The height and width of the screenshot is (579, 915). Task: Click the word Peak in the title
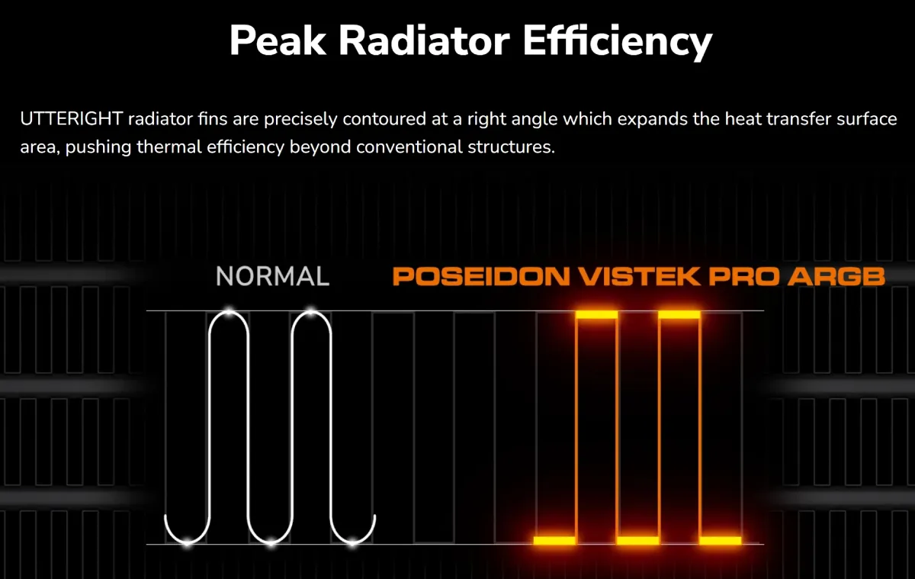click(278, 40)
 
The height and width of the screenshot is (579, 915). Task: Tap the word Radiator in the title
click(425, 40)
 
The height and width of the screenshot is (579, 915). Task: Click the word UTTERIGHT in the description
click(72, 119)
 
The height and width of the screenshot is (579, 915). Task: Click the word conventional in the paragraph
click(409, 146)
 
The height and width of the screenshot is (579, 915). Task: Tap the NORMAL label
click(272, 276)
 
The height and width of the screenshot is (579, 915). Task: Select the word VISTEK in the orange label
click(639, 276)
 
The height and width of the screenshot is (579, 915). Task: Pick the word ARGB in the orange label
click(836, 276)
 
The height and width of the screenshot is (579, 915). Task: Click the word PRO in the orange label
click(743, 276)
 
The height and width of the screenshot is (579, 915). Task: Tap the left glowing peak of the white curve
click(230, 312)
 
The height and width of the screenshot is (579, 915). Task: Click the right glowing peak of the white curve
click(311, 312)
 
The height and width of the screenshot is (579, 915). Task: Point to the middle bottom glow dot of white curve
click(271, 543)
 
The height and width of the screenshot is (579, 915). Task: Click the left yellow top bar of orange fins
click(596, 314)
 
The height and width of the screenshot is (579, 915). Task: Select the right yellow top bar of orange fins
click(679, 314)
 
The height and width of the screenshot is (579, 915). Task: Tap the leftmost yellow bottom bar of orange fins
click(554, 541)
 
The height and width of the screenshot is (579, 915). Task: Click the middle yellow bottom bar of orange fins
click(637, 541)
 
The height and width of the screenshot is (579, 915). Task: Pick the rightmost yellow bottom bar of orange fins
click(720, 541)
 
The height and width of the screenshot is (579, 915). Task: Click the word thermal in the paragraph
click(169, 146)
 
